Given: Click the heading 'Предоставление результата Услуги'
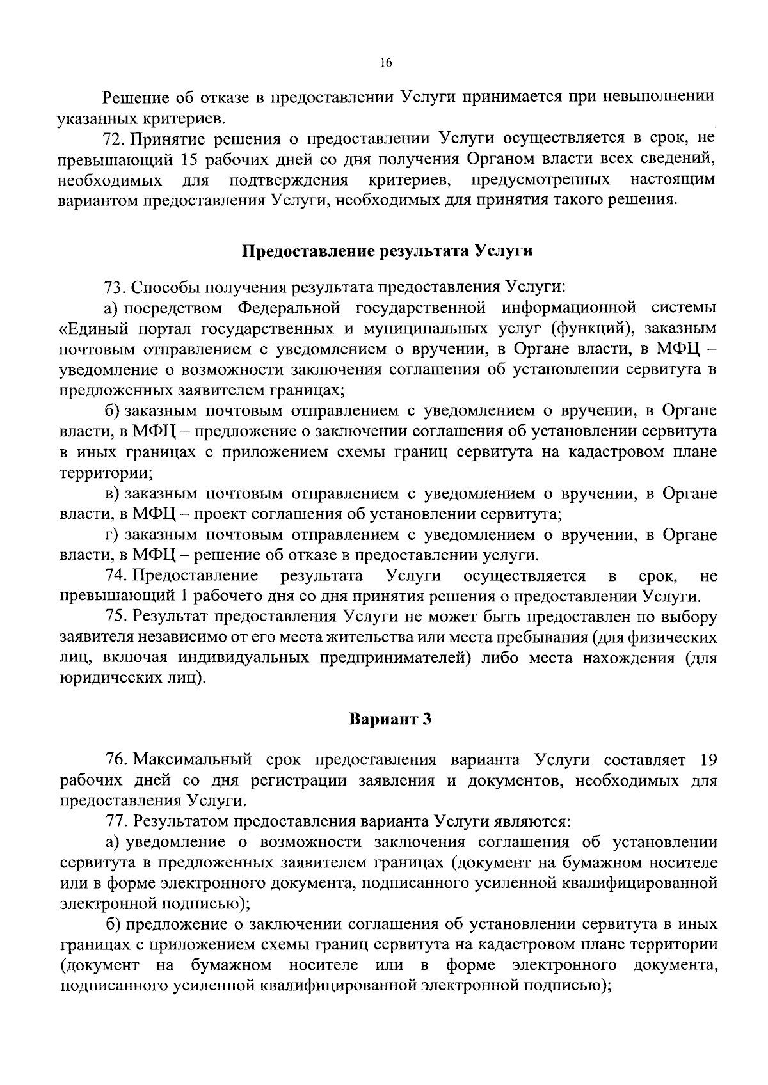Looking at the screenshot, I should (387, 251).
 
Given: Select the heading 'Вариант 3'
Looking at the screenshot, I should (390, 719).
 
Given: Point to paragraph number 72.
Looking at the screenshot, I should (116, 139).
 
